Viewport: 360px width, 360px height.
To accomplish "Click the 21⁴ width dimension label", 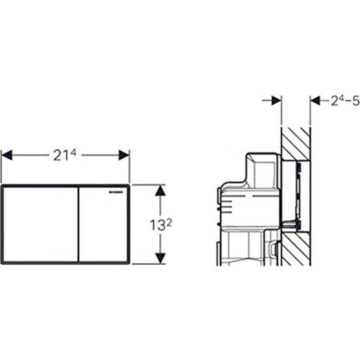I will [65, 155].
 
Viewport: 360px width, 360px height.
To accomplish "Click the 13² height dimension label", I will [160, 223].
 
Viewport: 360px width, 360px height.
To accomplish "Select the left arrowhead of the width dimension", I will [6, 155].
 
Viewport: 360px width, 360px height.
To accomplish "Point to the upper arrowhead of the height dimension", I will [161, 190].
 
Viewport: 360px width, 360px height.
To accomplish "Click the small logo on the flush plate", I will [117, 192].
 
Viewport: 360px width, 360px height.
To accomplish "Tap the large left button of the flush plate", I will [40, 224].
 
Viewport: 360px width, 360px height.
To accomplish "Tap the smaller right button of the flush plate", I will [104, 224].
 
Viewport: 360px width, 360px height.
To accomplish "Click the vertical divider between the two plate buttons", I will [78, 224].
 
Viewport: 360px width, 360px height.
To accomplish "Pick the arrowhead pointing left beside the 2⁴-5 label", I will [315, 100].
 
